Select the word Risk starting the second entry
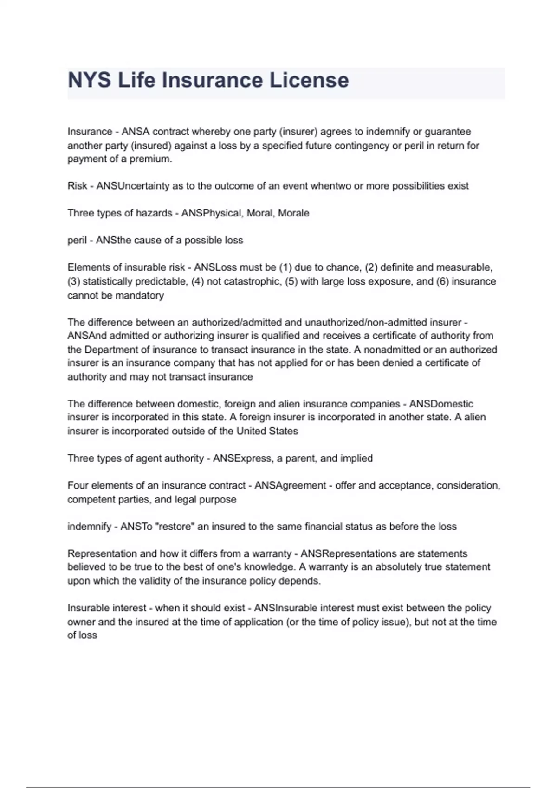tap(77, 186)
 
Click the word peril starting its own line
tap(77, 241)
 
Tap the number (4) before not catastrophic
tap(198, 281)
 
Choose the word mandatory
tap(140, 295)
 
